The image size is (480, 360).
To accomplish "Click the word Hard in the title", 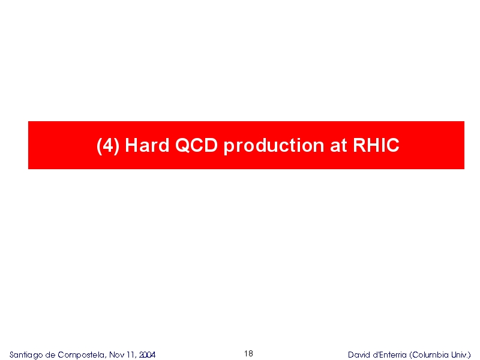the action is (x=147, y=145).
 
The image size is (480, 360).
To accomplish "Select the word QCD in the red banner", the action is (x=196, y=145).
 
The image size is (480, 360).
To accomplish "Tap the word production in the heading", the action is (x=274, y=146).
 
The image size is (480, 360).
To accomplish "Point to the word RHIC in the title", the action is (x=376, y=145).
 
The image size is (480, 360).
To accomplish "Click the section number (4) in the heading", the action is (x=108, y=145).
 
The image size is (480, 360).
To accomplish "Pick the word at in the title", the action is (x=338, y=146).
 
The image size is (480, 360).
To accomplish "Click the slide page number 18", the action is (x=248, y=353).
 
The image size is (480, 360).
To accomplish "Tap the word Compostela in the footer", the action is (x=81, y=355).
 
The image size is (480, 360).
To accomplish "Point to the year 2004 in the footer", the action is (x=147, y=355).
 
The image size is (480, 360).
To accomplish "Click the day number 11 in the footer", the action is (x=130, y=355).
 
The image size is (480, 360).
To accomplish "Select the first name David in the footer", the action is (x=358, y=355).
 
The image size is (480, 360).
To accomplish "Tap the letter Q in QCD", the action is (x=182, y=145).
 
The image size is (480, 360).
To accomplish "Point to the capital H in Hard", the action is (x=131, y=145).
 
